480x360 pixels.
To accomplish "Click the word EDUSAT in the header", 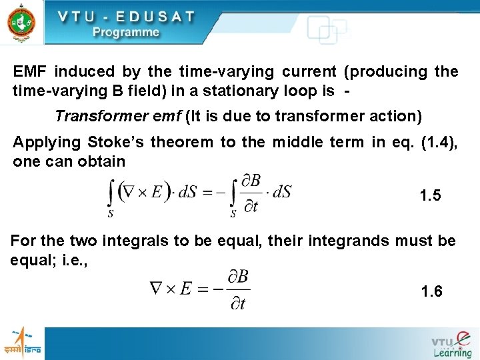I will point(147,17).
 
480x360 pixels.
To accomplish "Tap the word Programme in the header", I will point(126,32).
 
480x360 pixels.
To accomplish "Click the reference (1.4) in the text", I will point(440,142).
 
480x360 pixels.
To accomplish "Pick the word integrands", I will point(337,241).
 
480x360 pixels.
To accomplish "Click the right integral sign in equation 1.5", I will point(233,195).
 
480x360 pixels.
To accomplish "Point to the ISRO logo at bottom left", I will point(23,341).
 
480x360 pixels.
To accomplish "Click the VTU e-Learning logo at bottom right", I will point(451,343).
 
